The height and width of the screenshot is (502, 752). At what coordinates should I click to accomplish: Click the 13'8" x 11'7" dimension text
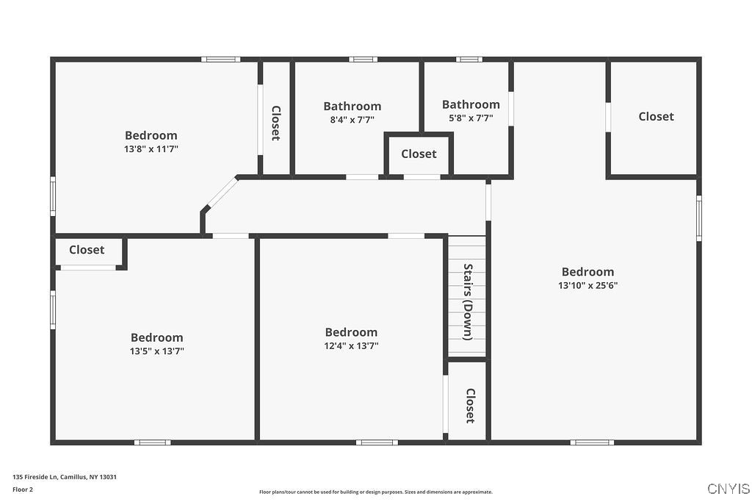point(151,149)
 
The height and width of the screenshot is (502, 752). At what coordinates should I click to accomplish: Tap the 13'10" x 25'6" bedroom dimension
point(587,286)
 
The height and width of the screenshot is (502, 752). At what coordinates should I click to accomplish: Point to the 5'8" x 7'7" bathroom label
point(471,118)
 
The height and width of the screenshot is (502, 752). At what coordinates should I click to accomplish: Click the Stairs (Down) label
point(468,301)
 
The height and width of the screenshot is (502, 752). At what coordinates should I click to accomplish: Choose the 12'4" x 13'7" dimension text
point(351,345)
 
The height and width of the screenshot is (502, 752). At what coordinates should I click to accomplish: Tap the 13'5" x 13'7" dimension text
point(156,351)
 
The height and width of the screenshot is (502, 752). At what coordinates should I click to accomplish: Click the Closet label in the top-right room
point(656,116)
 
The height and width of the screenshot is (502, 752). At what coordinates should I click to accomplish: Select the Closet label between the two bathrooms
point(419,154)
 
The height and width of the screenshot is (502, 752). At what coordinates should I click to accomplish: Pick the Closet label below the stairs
point(470,406)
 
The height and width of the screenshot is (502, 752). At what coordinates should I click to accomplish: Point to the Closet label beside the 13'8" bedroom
point(276,123)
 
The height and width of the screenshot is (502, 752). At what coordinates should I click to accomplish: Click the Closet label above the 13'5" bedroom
point(87,250)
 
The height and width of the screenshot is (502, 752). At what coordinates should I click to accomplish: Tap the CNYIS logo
point(728,489)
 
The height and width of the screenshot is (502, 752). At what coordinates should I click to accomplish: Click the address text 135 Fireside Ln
point(65,476)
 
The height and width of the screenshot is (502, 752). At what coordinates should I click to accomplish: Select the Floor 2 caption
point(23,489)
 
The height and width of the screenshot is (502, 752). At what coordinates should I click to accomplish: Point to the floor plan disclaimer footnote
point(375,492)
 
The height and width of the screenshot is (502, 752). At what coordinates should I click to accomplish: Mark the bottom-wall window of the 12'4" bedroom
point(377,442)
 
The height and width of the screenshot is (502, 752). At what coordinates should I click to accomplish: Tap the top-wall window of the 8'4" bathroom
point(362,59)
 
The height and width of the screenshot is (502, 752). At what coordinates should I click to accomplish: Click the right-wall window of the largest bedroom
point(698,218)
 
